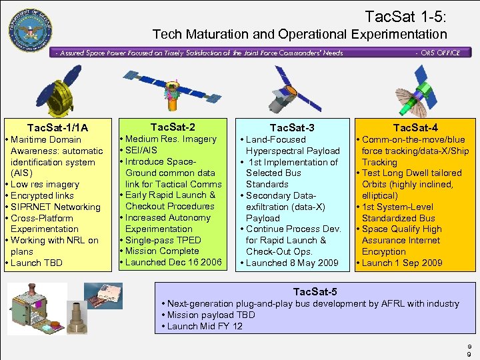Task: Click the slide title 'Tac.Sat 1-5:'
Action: (x=405, y=15)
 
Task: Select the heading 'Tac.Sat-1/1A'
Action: (x=57, y=127)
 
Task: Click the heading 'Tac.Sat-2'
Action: (x=173, y=127)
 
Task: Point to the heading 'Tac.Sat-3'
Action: (x=292, y=127)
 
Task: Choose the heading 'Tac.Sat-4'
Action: (x=415, y=127)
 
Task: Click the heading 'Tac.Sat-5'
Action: (x=315, y=291)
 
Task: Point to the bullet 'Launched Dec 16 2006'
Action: (x=172, y=262)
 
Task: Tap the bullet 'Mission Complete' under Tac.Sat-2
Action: (x=161, y=251)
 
